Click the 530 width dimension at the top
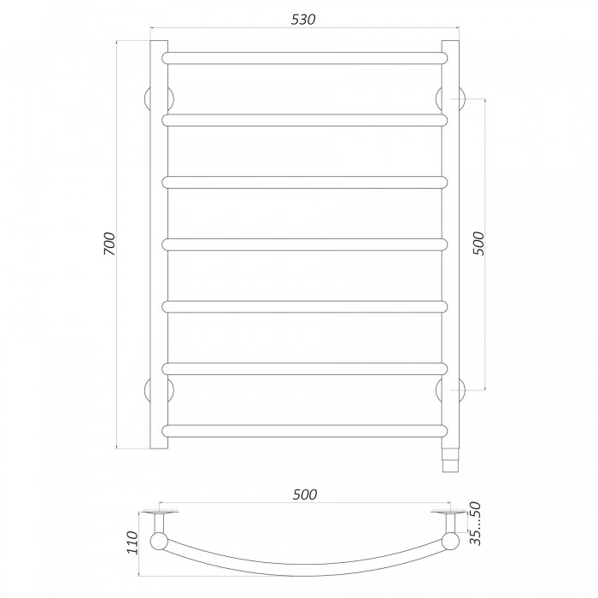point(303,20)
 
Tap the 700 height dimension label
point(109,243)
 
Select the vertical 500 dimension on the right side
point(478,243)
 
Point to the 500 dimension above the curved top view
point(305,495)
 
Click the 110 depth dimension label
point(132,542)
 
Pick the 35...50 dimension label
point(476,524)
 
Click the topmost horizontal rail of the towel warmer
point(305,58)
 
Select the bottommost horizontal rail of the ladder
point(305,431)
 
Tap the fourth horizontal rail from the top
point(305,244)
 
